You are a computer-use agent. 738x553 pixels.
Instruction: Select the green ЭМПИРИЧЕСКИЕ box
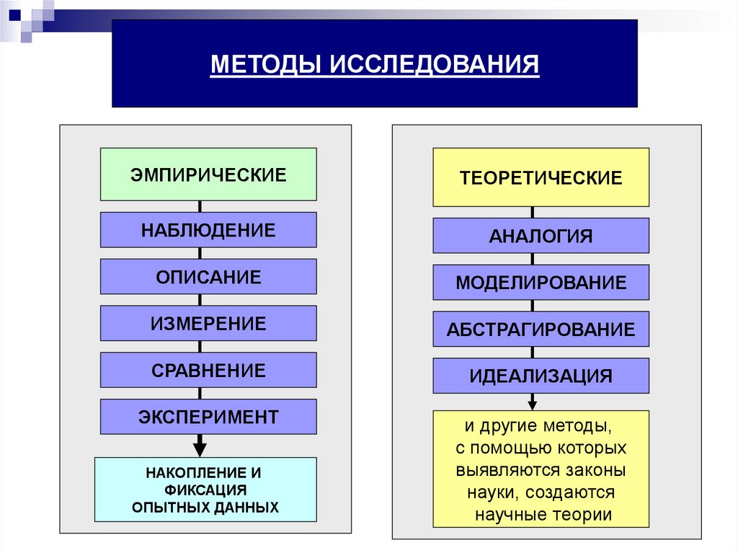pyautogui.click(x=208, y=174)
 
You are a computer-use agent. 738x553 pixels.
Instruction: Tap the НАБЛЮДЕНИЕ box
pyautogui.click(x=208, y=230)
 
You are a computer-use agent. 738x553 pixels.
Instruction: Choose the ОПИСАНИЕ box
pyautogui.click(x=208, y=277)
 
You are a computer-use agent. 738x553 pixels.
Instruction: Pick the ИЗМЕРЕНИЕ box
pyautogui.click(x=208, y=324)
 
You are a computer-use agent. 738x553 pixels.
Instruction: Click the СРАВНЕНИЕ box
pyautogui.click(x=208, y=371)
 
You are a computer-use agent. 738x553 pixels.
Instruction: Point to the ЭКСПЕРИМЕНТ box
pyautogui.click(x=208, y=417)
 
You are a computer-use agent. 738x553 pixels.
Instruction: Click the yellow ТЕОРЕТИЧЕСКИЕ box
pyautogui.click(x=541, y=177)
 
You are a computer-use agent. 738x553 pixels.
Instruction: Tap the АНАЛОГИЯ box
pyautogui.click(x=541, y=236)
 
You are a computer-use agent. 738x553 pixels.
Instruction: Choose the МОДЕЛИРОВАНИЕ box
pyautogui.click(x=541, y=283)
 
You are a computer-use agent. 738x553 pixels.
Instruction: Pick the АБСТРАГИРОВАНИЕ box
pyautogui.click(x=541, y=329)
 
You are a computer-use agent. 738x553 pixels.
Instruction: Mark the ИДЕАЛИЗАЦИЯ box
pyautogui.click(x=541, y=376)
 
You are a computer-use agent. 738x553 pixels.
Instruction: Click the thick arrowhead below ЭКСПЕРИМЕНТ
pyautogui.click(x=200, y=448)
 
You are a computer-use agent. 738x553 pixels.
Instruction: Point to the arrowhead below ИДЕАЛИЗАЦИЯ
pyautogui.click(x=533, y=404)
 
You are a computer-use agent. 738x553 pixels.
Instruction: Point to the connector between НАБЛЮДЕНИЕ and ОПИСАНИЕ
pyautogui.click(x=200, y=253)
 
